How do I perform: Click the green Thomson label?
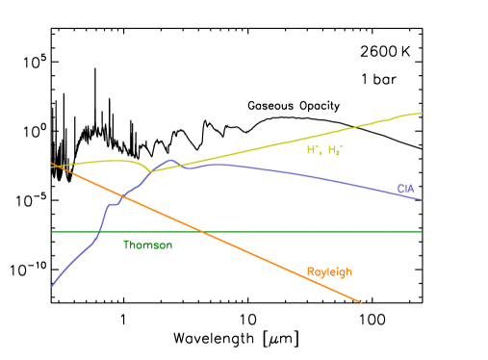147,245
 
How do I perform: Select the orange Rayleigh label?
329,272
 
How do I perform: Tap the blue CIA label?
406,189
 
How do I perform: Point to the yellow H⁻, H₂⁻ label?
324,150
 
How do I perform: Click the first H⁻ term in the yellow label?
313,150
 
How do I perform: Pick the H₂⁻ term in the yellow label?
335,150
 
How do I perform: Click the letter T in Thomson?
125,245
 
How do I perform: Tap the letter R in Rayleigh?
309,272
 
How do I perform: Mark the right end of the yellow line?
422,113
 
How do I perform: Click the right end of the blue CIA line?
422,199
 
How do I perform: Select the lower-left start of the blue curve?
52,286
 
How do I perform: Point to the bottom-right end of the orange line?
361,302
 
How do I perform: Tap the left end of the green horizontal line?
52,232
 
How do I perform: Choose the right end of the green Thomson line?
422,232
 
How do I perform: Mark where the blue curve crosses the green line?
98,232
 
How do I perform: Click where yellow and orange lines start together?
52,165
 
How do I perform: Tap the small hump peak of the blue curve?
171,160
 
